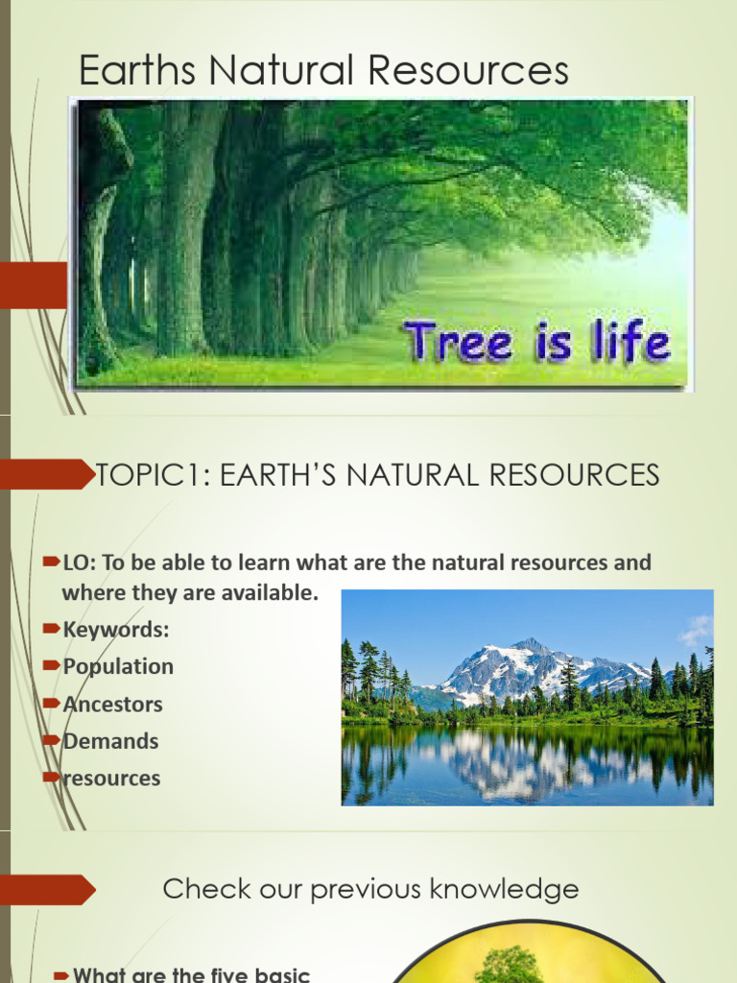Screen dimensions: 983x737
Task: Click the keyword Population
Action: (x=118, y=666)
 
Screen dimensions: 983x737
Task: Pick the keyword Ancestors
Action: (x=112, y=704)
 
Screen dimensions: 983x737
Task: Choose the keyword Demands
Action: (x=110, y=741)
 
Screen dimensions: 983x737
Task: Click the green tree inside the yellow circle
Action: (x=509, y=964)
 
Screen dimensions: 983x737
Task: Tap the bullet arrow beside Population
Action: (x=54, y=666)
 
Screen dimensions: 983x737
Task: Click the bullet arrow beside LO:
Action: (x=54, y=563)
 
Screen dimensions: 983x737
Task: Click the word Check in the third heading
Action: (x=198, y=889)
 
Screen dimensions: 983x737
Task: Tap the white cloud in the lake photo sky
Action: (x=695, y=630)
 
